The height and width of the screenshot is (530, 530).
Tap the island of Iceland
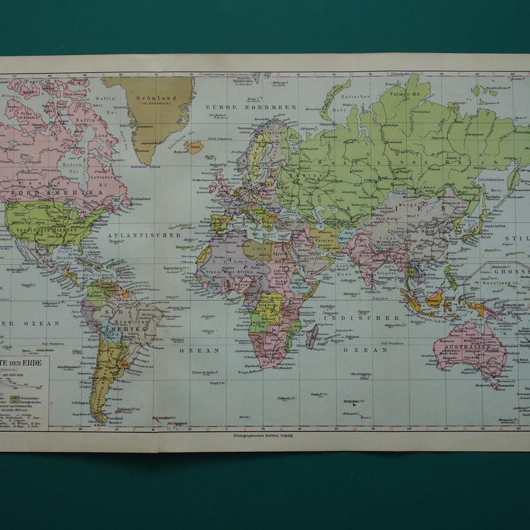click(x=194, y=147)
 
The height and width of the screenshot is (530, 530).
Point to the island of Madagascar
click(x=311, y=337)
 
